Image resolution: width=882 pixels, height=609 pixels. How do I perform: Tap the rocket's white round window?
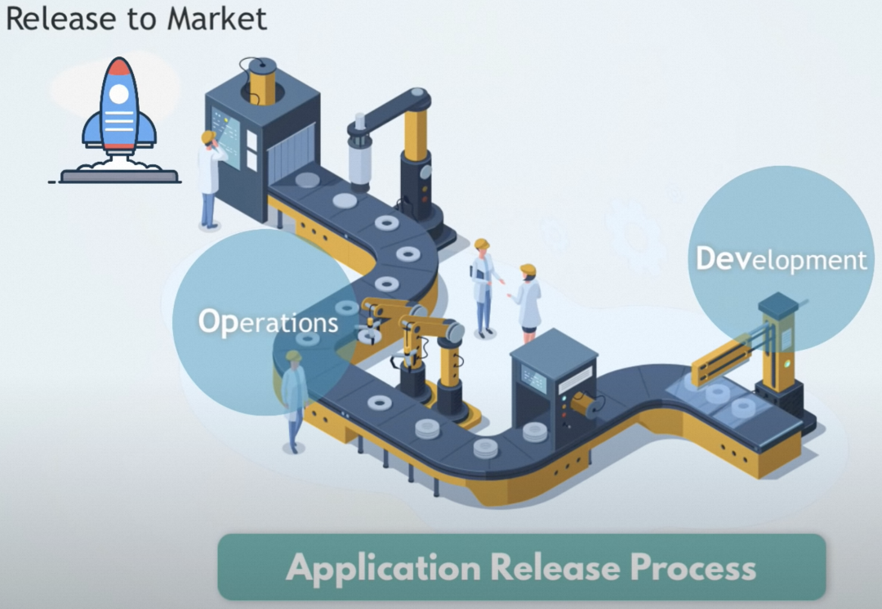click(119, 94)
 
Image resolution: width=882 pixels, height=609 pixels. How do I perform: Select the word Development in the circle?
click(781, 259)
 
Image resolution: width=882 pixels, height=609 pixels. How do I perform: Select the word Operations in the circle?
click(268, 320)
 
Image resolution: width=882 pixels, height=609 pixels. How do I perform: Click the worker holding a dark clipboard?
click(483, 287)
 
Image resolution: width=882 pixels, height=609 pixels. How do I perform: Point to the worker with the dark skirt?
click(528, 302)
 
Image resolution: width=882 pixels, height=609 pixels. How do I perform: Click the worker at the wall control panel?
click(210, 178)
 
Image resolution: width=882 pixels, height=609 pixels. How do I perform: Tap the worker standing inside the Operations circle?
click(293, 400)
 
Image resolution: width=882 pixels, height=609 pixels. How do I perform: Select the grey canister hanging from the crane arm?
click(360, 160)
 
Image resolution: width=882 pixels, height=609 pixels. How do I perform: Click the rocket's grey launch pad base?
click(119, 174)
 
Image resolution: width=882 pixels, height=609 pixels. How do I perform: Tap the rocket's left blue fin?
click(92, 131)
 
